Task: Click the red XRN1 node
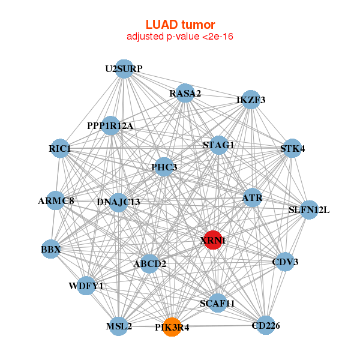(213, 240)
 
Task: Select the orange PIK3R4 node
(172, 327)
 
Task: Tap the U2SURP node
(124, 69)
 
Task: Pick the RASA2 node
(185, 93)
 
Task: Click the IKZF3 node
(251, 100)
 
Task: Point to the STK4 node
(292, 148)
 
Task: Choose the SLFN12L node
(309, 210)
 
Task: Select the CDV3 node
(285, 262)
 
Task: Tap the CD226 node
(266, 325)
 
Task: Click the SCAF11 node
(217, 304)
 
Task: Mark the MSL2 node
(119, 326)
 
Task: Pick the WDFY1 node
(86, 286)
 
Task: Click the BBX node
(50, 248)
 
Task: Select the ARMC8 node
(56, 200)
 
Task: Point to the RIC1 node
(60, 148)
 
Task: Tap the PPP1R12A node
(110, 126)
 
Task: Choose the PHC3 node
(164, 167)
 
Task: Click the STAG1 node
(218, 145)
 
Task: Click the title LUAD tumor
(180, 25)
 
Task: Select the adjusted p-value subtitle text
(180, 37)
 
